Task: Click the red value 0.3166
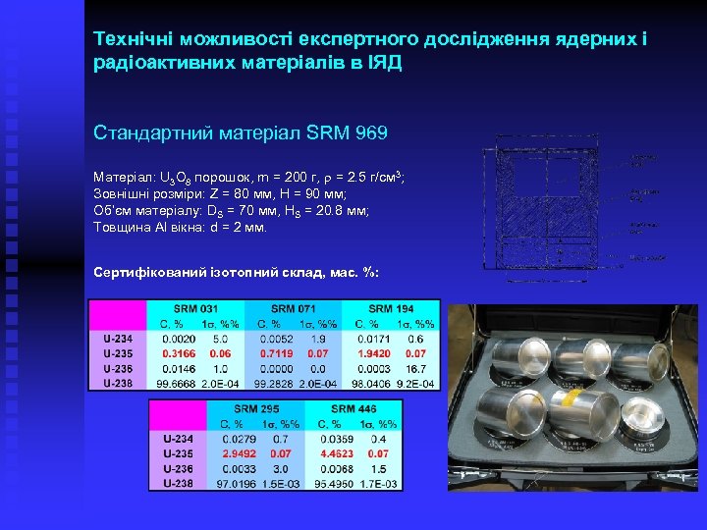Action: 178,352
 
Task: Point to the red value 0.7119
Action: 276,352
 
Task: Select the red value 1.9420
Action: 375,352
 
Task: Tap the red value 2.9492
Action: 239,454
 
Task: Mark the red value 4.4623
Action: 335,454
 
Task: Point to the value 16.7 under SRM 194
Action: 416,367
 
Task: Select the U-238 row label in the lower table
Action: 176,484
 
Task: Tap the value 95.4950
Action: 335,484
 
